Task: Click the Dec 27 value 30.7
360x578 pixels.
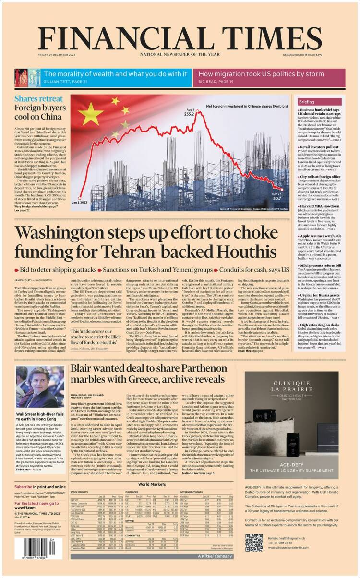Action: [x=289, y=197]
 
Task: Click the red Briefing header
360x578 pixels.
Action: [x=307, y=102]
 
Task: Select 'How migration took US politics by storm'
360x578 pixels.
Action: [x=262, y=74]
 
